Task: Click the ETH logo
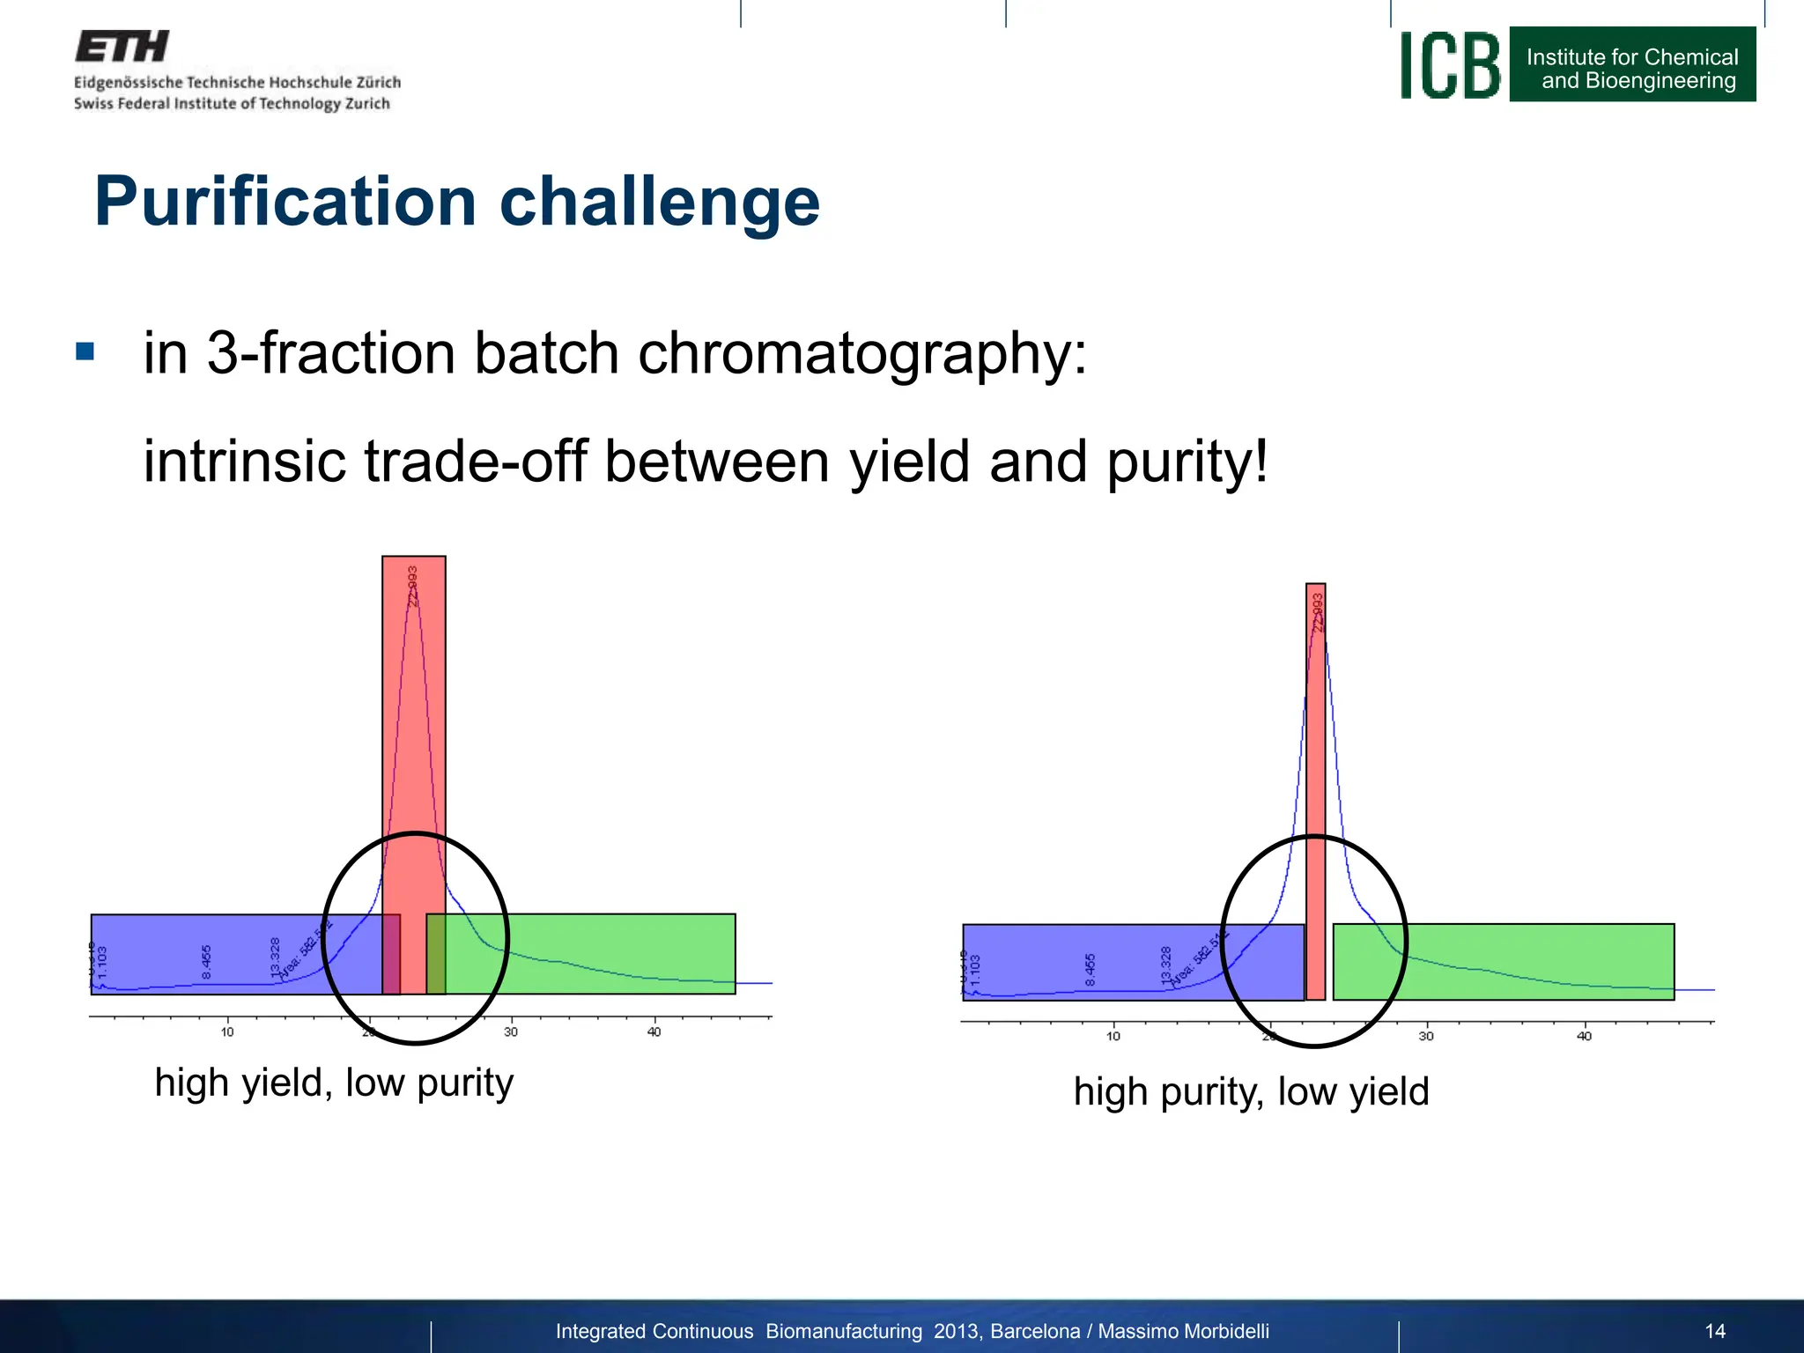coord(122,47)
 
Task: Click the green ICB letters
coord(1450,66)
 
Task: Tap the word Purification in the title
coord(285,202)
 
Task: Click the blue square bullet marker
coord(85,352)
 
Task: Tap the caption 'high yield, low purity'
coord(334,1083)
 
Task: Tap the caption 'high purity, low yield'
coord(1251,1092)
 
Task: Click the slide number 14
coord(1714,1331)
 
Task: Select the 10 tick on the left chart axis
coord(227,1031)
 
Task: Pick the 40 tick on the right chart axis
coord(1584,1036)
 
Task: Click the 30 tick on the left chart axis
coord(511,1031)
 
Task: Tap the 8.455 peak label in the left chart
coord(206,962)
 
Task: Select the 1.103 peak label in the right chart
coord(975,970)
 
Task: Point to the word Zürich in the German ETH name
coord(378,83)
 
